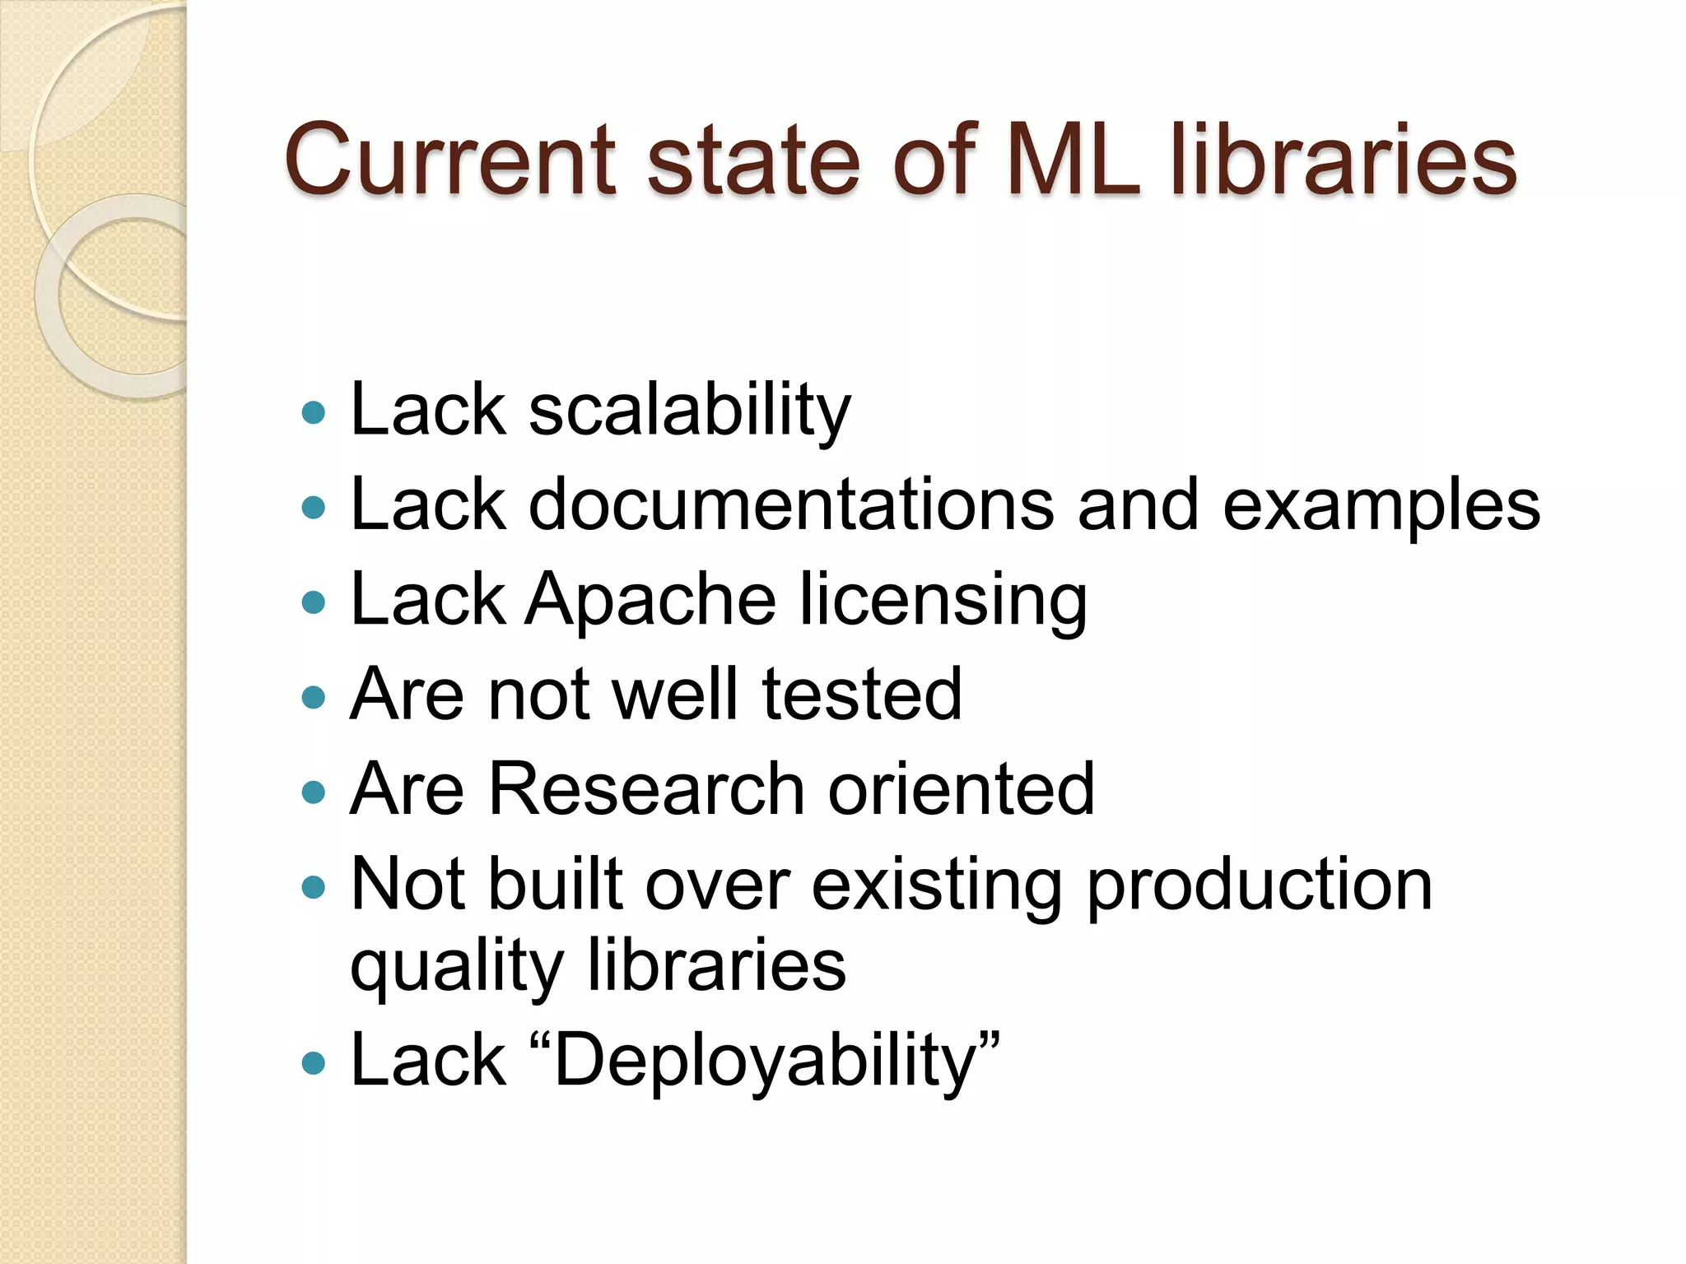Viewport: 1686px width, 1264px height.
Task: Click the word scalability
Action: tap(690, 411)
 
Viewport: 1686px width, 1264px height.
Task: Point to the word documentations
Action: tap(791, 504)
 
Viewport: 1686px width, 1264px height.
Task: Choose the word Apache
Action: tap(650, 600)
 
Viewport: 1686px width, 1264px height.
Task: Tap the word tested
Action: tap(861, 695)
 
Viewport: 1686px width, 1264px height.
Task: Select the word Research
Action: tap(646, 789)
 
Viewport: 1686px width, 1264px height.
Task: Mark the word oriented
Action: tap(961, 789)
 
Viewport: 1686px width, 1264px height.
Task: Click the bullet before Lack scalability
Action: tap(314, 411)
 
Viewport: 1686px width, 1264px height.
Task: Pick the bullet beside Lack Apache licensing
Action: tap(314, 602)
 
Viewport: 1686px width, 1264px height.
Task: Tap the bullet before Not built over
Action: tap(314, 887)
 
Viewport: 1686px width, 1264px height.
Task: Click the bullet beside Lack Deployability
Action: tap(314, 1064)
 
